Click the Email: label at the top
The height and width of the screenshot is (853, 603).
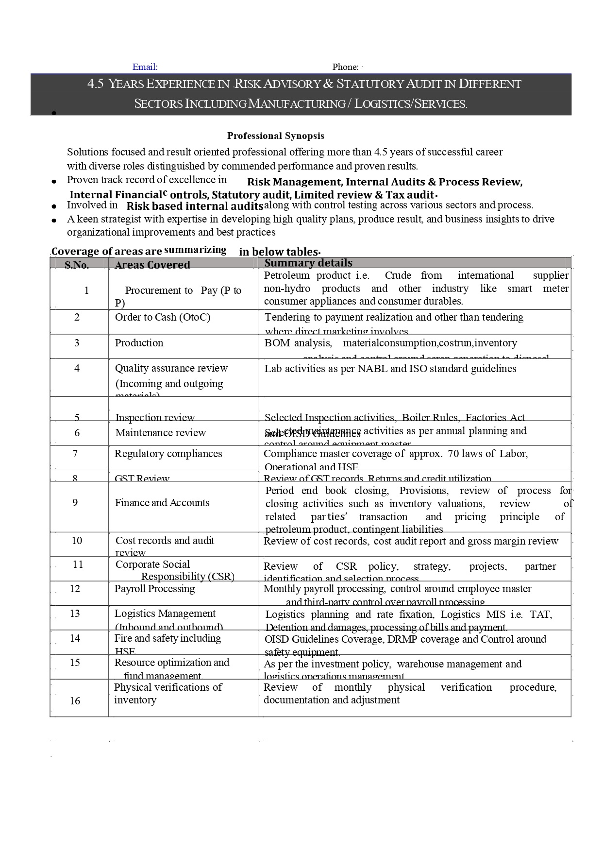(145, 67)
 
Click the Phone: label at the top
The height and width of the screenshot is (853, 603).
(345, 67)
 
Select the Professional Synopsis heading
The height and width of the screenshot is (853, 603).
(275, 136)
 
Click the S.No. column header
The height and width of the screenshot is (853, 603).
(77, 265)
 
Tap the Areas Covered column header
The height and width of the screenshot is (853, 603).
(152, 265)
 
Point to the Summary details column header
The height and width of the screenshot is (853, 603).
(308, 263)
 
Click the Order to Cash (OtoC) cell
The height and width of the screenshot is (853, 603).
(163, 317)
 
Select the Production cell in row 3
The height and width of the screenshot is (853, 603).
(139, 343)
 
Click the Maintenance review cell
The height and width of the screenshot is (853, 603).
(160, 433)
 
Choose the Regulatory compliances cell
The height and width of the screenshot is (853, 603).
(168, 454)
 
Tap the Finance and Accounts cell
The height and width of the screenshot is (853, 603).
(162, 503)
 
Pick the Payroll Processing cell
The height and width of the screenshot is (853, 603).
(154, 589)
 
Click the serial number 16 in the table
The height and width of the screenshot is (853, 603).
(75, 700)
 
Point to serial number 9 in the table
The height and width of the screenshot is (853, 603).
(75, 503)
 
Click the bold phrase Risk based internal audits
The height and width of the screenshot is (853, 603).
(195, 206)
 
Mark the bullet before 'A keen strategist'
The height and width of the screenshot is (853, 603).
(54, 220)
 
